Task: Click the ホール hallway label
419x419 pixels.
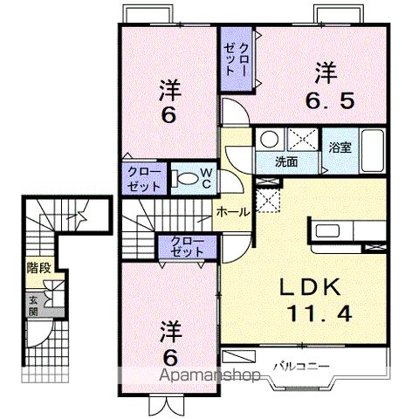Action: [233, 212]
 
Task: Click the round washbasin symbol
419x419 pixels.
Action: [270, 139]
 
